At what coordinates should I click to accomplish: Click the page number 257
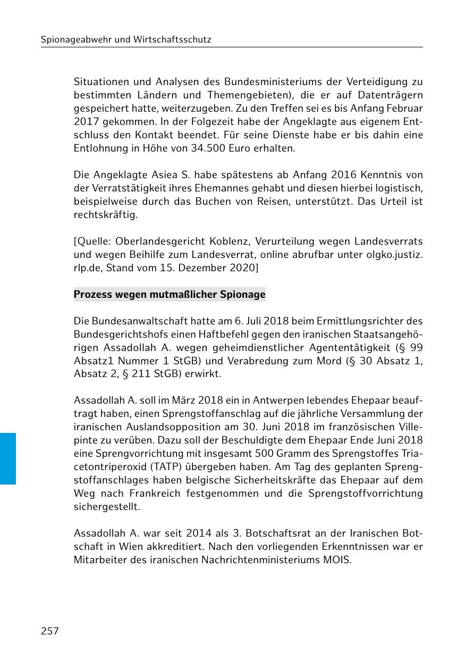click(x=50, y=631)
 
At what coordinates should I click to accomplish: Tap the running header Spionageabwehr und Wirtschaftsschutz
click(x=126, y=39)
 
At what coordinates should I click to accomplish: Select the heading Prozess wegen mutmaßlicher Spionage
click(x=170, y=294)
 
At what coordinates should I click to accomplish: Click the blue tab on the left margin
click(x=8, y=458)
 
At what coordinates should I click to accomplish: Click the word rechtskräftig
click(x=105, y=215)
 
